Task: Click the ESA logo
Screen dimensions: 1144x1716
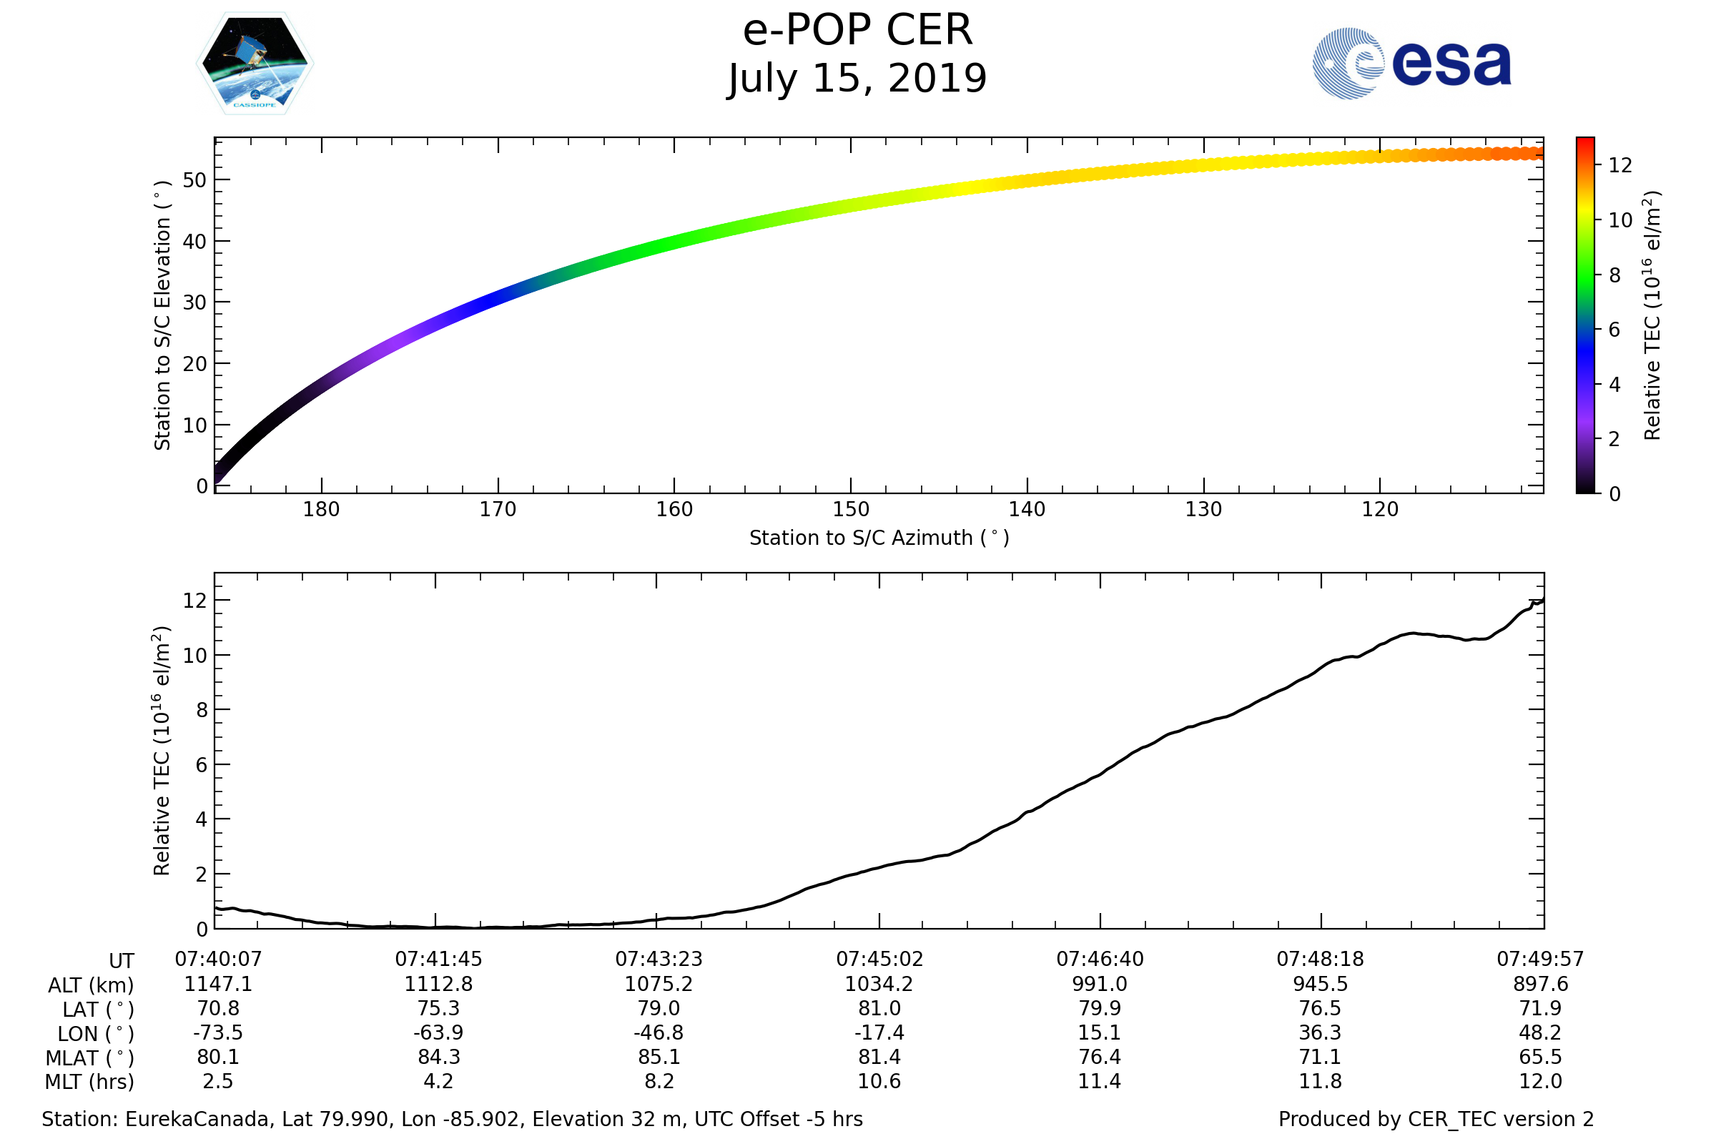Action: click(1411, 64)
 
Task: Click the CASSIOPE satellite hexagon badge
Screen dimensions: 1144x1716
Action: click(255, 64)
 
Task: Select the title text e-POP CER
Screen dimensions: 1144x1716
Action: click(857, 31)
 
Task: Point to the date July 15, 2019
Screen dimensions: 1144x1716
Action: click(857, 79)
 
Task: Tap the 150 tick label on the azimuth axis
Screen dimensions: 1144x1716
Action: click(851, 509)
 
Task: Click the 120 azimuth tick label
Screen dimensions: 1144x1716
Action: click(1380, 509)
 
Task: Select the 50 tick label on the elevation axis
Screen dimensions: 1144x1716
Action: click(194, 180)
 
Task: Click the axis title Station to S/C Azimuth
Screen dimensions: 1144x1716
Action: click(879, 538)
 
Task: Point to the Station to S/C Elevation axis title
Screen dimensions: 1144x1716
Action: click(162, 315)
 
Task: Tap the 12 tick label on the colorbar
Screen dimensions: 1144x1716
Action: click(1619, 166)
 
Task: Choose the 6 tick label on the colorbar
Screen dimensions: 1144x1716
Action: click(1614, 330)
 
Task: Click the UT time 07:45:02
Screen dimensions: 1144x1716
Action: click(879, 959)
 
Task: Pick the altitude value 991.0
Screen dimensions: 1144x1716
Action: click(1100, 984)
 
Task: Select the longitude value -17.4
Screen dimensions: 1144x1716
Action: click(879, 1032)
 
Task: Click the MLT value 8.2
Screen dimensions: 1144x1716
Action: click(659, 1080)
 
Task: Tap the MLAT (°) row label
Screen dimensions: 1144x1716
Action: click(90, 1058)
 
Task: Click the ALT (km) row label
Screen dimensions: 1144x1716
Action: click(92, 985)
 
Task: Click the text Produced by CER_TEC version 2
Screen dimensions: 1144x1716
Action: click(1436, 1118)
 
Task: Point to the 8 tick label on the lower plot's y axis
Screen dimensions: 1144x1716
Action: click(202, 710)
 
